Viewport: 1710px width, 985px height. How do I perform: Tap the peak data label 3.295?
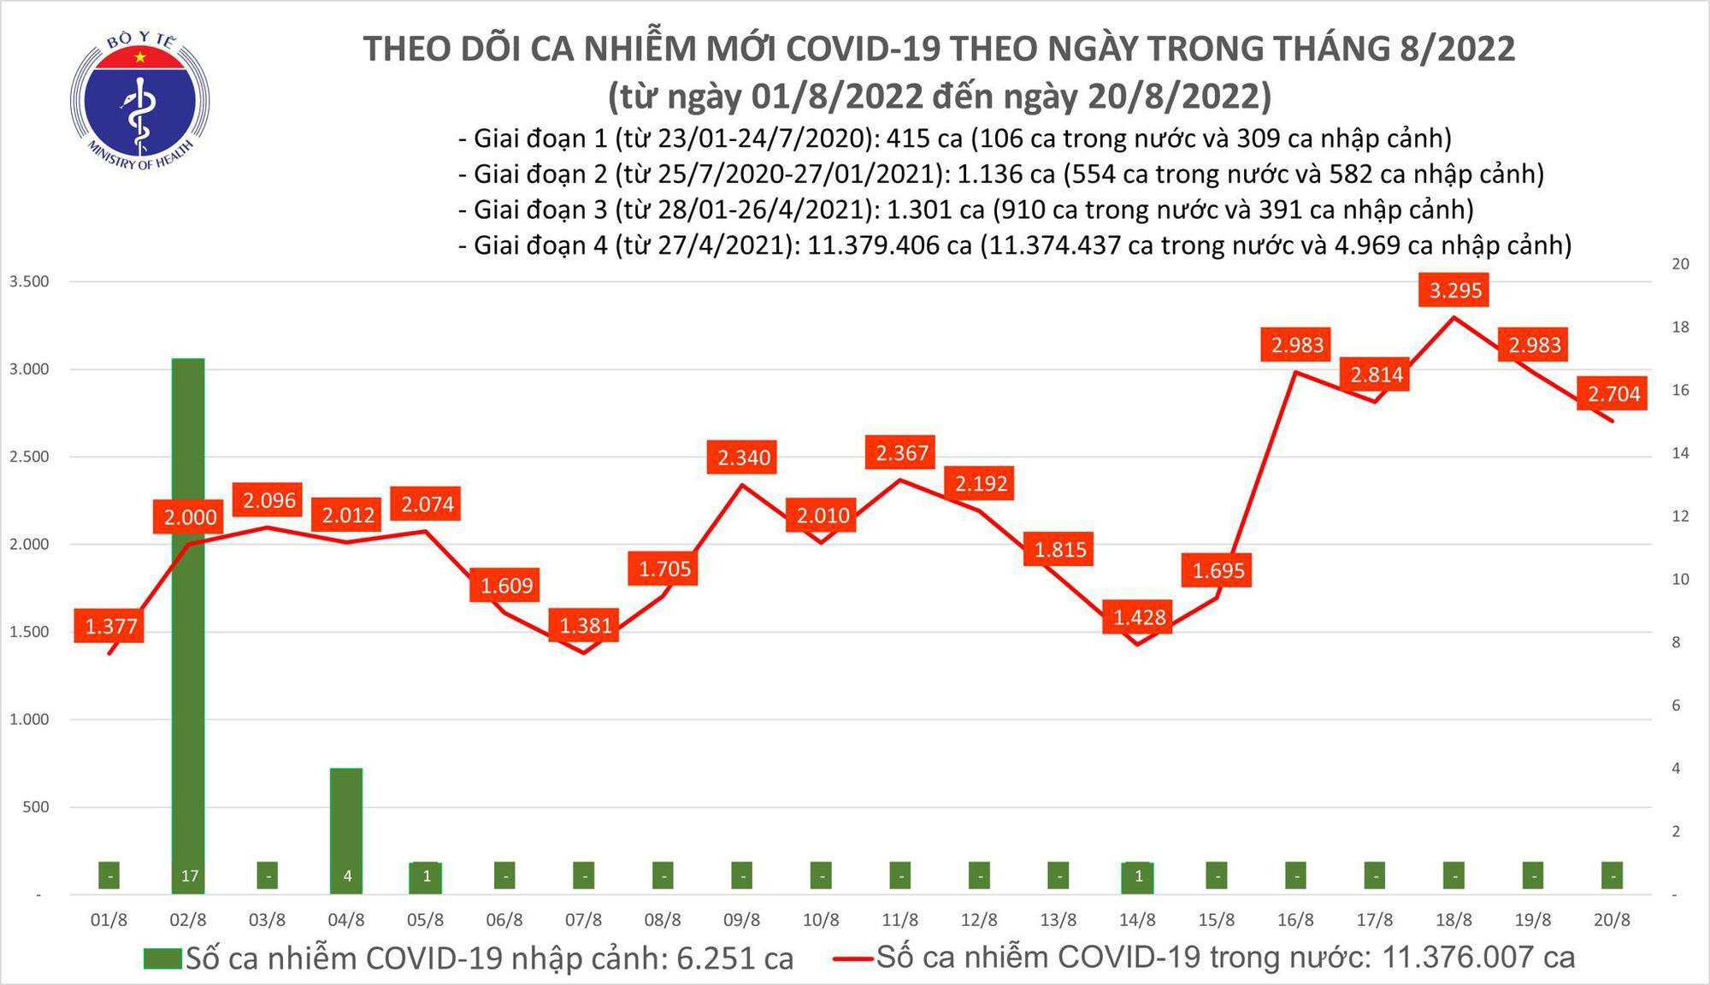click(x=1455, y=290)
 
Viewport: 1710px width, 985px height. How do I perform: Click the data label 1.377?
click(x=111, y=627)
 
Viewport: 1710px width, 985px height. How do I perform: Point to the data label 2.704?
click(x=1614, y=393)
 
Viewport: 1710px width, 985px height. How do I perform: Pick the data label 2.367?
click(x=902, y=452)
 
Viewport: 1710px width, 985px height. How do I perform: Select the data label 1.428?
click(x=1139, y=616)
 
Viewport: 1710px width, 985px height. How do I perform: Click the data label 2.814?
click(x=1377, y=375)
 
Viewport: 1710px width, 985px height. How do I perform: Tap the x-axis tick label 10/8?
click(x=821, y=921)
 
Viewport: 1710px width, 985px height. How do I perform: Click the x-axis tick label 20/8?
click(x=1612, y=921)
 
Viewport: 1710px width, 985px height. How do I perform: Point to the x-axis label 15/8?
click(x=1216, y=921)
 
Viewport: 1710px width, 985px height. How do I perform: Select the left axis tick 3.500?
click(x=30, y=281)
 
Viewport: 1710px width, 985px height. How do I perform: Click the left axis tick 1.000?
click(x=30, y=719)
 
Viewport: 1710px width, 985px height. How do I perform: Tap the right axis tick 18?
click(x=1680, y=327)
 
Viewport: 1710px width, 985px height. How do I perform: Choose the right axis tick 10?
click(x=1680, y=579)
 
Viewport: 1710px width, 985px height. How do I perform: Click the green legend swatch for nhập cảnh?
click(x=162, y=958)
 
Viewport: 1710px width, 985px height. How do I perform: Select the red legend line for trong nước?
click(x=852, y=958)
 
